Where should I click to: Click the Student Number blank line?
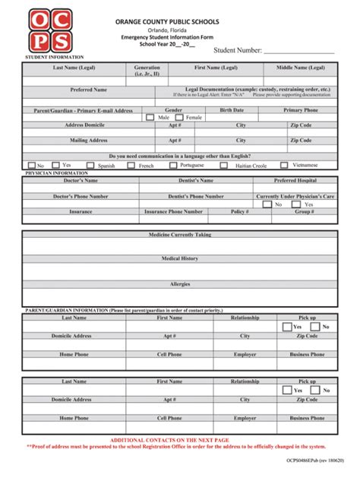(x=298, y=51)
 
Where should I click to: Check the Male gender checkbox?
(x=150, y=118)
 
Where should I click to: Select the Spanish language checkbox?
(x=90, y=165)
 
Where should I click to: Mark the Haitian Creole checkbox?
(x=224, y=165)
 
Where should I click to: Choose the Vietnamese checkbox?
(x=284, y=165)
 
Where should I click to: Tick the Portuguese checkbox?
(x=174, y=165)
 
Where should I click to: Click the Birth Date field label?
(x=232, y=110)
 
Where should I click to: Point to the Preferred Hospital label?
(x=295, y=181)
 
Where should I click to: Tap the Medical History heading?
(x=180, y=258)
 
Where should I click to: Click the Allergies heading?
(x=180, y=283)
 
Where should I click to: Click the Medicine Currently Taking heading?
(x=180, y=235)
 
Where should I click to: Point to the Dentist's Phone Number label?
(x=195, y=196)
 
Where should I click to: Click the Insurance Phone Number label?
(x=173, y=212)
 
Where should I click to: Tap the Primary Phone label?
(x=301, y=110)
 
